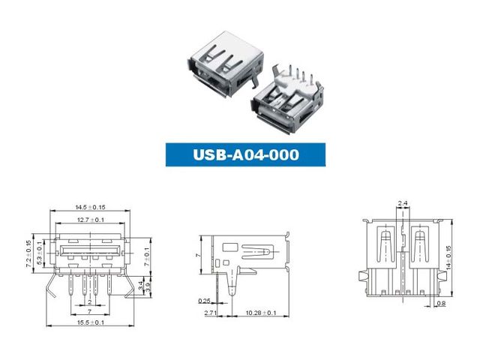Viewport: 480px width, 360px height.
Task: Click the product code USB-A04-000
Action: (246, 154)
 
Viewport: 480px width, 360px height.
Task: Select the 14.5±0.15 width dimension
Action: (90, 207)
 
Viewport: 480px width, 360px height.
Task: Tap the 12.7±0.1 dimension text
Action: (91, 220)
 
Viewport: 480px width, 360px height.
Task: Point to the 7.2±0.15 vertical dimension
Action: (28, 253)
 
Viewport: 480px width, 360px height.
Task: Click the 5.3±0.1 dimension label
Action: (39, 253)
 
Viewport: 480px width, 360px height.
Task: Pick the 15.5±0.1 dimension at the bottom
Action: (91, 322)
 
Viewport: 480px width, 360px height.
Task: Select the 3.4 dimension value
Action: (140, 286)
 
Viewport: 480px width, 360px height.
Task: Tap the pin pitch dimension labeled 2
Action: (90, 302)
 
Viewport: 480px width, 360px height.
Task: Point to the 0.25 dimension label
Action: (204, 301)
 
